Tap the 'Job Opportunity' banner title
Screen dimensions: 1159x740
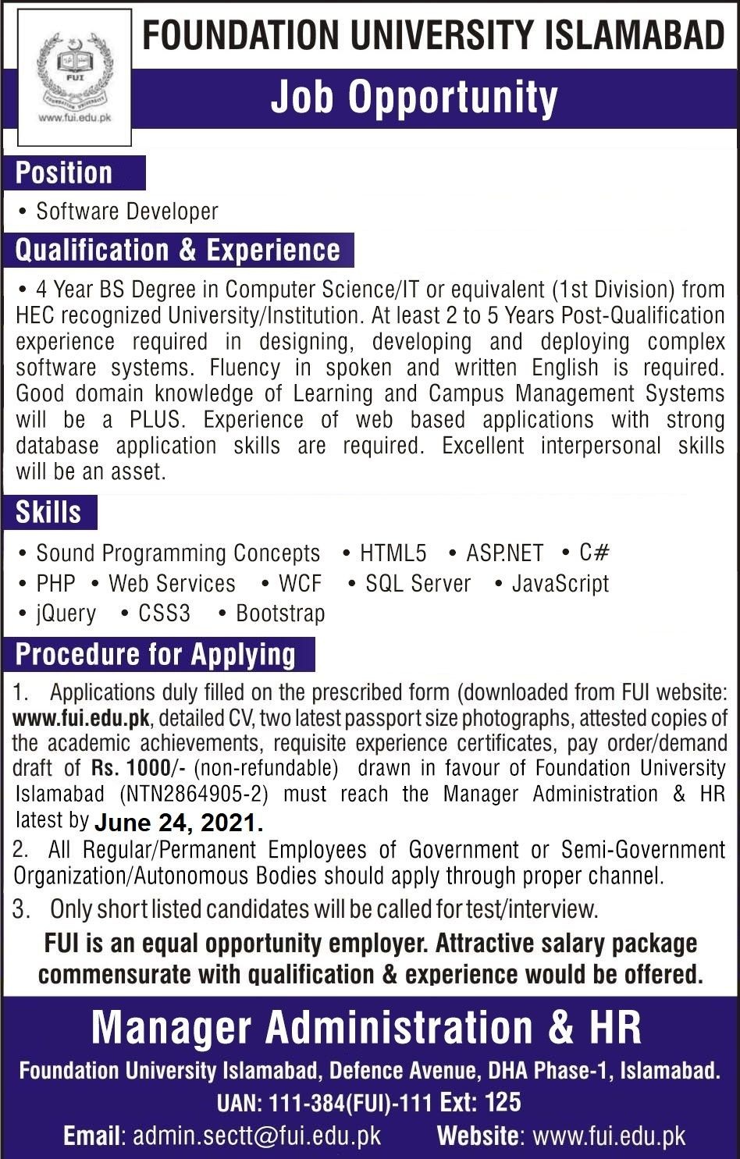pyautogui.click(x=414, y=98)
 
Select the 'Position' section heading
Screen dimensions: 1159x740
pyautogui.click(x=64, y=172)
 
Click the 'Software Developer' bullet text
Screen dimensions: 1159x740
pyautogui.click(x=127, y=212)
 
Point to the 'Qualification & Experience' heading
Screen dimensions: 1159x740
pyautogui.click(x=178, y=250)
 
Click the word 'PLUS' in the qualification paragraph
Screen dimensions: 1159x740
pyautogui.click(x=156, y=419)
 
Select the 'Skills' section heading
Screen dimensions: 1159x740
pyautogui.click(x=48, y=512)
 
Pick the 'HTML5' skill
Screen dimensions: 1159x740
pyautogui.click(x=393, y=553)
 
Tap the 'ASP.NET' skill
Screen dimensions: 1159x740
pyautogui.click(x=504, y=553)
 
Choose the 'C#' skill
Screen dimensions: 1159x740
pyautogui.click(x=593, y=553)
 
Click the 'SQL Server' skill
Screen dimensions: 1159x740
pyautogui.click(x=418, y=584)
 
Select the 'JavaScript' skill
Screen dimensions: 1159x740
pyautogui.click(x=560, y=584)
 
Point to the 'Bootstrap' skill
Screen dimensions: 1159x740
pyautogui.click(x=280, y=613)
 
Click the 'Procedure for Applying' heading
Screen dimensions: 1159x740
pyautogui.click(x=156, y=654)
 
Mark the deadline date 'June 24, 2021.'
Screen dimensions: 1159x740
pyautogui.click(x=179, y=823)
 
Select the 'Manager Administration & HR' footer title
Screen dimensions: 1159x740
pyautogui.click(x=366, y=1027)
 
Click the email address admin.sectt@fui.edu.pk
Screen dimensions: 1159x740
pyautogui.click(x=257, y=1136)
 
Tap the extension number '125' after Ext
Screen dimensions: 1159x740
pyautogui.click(x=503, y=1102)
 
